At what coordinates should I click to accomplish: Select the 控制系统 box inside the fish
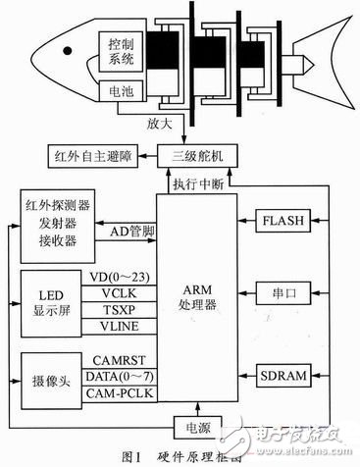pyautogui.click(x=123, y=53)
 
